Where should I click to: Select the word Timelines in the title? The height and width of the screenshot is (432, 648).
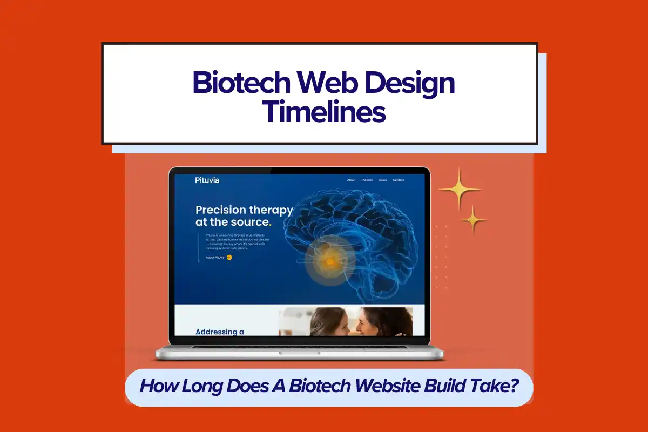pyautogui.click(x=324, y=112)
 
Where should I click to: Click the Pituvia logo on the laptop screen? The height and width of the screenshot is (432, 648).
pyautogui.click(x=207, y=180)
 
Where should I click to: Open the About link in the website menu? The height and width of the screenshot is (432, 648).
pyautogui.click(x=351, y=180)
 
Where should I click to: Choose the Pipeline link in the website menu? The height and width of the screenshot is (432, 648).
pyautogui.click(x=367, y=180)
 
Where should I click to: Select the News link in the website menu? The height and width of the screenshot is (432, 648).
pyautogui.click(x=383, y=180)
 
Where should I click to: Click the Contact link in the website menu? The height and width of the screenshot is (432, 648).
pyautogui.click(x=399, y=180)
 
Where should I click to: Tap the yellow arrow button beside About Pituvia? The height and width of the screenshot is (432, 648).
pyautogui.click(x=230, y=258)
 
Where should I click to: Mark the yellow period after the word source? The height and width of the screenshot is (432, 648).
pyautogui.click(x=270, y=223)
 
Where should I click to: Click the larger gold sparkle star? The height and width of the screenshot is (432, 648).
pyautogui.click(x=460, y=189)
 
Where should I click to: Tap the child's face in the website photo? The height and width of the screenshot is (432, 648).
pyautogui.click(x=330, y=323)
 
